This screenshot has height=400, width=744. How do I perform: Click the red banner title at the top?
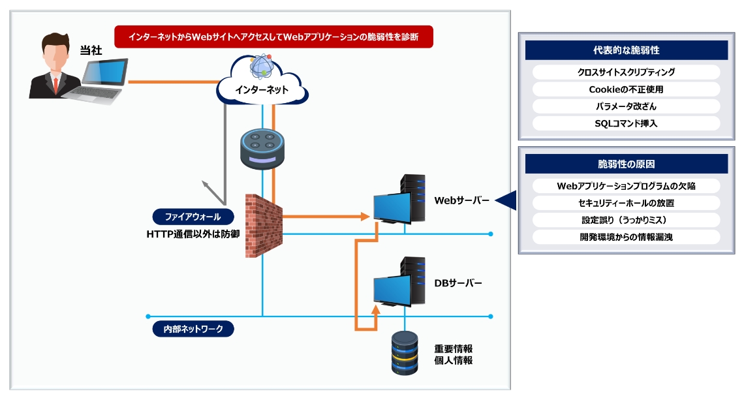pos(273,37)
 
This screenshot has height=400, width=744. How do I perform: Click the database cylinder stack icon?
pos(404,353)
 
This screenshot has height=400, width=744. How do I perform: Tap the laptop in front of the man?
pos(98,82)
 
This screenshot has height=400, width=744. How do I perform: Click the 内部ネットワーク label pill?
pos(193,329)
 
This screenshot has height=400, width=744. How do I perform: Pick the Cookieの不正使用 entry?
pos(626,89)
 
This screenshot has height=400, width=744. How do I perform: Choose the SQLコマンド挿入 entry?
pos(626,123)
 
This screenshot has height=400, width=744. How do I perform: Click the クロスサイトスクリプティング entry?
pos(626,72)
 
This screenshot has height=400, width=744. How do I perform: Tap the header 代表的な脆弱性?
pos(626,50)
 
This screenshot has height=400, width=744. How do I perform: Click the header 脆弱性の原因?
pos(626,164)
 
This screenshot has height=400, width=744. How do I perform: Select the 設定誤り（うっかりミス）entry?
pos(626,220)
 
